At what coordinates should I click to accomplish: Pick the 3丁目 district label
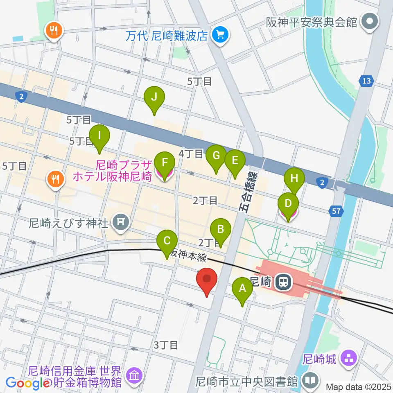click(166, 345)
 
